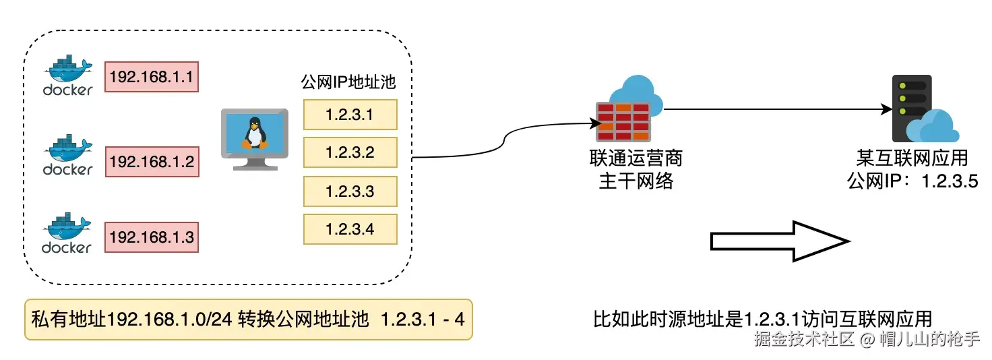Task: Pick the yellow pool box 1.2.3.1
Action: pyautogui.click(x=350, y=115)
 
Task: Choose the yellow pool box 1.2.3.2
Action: pyautogui.click(x=350, y=152)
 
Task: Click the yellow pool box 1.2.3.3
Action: pyautogui.click(x=350, y=191)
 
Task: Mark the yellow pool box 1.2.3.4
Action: pyautogui.click(x=350, y=229)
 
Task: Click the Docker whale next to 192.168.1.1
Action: pyautogui.click(x=67, y=74)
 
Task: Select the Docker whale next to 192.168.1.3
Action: pyautogui.click(x=67, y=233)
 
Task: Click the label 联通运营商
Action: pyautogui.click(x=635, y=158)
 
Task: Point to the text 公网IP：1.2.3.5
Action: pyautogui.click(x=912, y=181)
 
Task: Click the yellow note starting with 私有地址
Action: pyautogui.click(x=248, y=319)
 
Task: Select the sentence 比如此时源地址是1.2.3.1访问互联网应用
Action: pyautogui.click(x=762, y=318)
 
